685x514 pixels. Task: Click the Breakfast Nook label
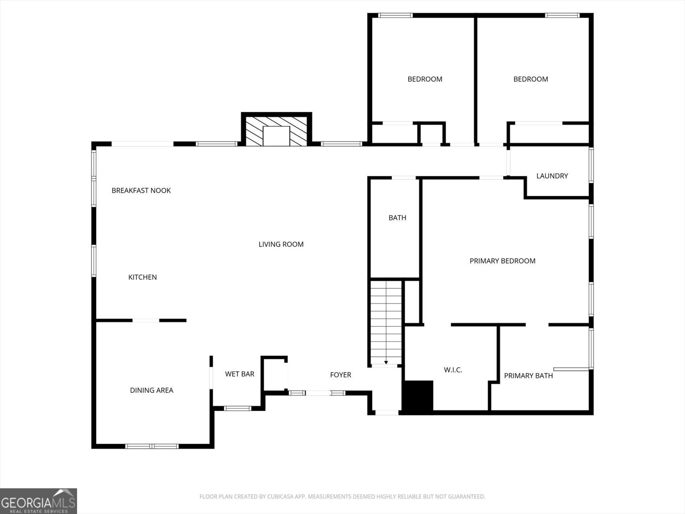[x=141, y=191]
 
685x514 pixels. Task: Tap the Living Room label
[x=281, y=244]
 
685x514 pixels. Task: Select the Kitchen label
[x=143, y=277]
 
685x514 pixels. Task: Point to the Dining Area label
[x=152, y=390]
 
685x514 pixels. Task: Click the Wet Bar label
[x=239, y=374]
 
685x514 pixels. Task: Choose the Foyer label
[x=340, y=375]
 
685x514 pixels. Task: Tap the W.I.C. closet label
[x=453, y=370]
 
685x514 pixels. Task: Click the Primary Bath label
[x=528, y=376]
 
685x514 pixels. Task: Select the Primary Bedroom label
[x=502, y=261]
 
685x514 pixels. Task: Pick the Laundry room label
[x=552, y=176]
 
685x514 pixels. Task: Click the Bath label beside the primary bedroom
[x=397, y=218]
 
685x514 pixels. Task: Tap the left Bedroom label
[x=425, y=79]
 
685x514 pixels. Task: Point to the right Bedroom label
[x=530, y=79]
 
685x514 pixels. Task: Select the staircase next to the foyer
[x=386, y=321]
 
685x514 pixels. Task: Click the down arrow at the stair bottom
[x=386, y=362]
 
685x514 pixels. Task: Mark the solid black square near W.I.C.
[x=418, y=396]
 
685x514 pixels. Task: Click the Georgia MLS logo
[x=39, y=501]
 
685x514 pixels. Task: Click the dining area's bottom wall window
[x=152, y=446]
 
